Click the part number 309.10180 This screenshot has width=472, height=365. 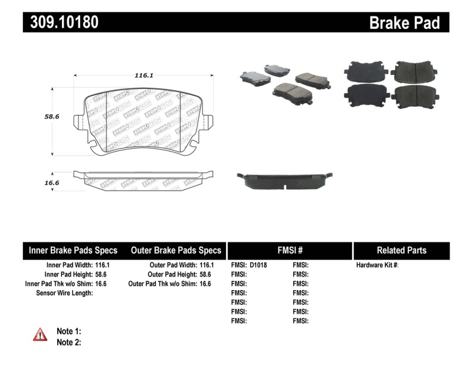61,22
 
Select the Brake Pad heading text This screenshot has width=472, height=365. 404,23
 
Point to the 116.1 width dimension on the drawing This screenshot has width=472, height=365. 143,75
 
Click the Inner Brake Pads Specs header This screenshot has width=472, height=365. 73,251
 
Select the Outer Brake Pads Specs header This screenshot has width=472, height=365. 176,251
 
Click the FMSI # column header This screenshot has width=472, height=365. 289,251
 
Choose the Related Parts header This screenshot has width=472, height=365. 401,251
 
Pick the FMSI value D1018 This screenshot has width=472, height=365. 258,265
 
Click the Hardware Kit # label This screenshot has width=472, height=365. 377,265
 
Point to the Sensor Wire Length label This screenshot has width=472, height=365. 64,292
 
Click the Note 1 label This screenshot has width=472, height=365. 68,331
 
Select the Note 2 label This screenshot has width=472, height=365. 68,341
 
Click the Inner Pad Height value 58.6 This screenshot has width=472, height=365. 103,274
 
